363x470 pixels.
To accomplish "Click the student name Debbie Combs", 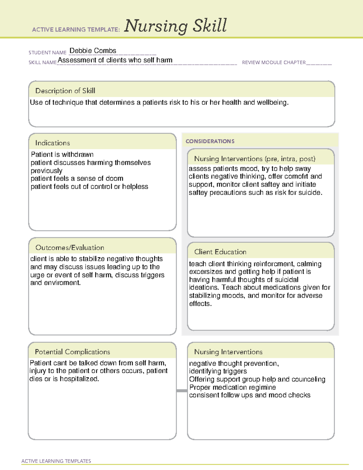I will click(x=93, y=51).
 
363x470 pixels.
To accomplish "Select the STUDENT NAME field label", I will click(x=47, y=53).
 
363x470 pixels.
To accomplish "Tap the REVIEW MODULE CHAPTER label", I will click(x=274, y=63).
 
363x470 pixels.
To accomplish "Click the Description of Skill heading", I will click(x=65, y=91).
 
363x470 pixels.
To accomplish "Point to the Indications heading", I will click(x=52, y=143).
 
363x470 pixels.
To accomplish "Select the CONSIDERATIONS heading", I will click(x=210, y=141).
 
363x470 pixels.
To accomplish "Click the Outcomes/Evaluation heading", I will click(x=70, y=248).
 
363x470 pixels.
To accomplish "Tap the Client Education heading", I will click(x=220, y=252).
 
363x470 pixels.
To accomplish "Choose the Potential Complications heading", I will click(x=72, y=352).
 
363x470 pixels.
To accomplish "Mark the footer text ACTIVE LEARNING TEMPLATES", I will click(x=56, y=461).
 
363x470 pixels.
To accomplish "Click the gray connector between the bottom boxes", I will click(x=182, y=391).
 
